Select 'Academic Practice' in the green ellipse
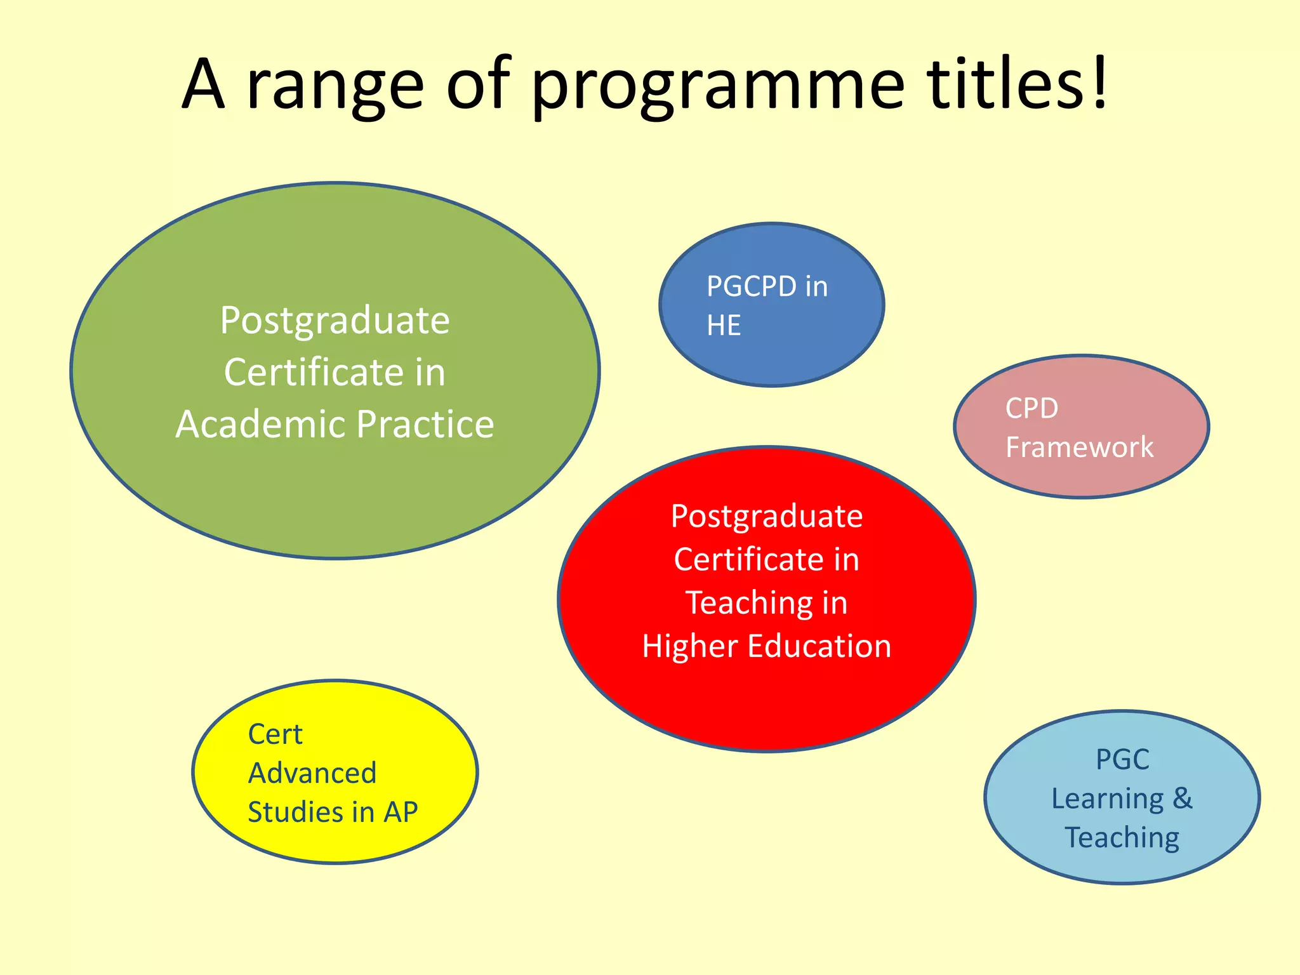pyautogui.click(x=335, y=424)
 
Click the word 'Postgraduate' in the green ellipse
pyautogui.click(x=335, y=321)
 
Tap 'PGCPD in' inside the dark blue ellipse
pyautogui.click(x=767, y=287)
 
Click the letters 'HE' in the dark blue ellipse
pyautogui.click(x=724, y=326)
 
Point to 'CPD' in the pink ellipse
pyautogui.click(x=1031, y=408)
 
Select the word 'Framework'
pyautogui.click(x=1079, y=448)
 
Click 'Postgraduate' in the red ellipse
pyautogui.click(x=767, y=516)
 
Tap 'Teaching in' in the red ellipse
pyautogui.click(x=767, y=602)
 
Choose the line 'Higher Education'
pyautogui.click(x=767, y=646)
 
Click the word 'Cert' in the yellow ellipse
pyautogui.click(x=275, y=734)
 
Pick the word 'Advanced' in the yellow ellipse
pyautogui.click(x=312, y=773)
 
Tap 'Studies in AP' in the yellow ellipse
pyautogui.click(x=333, y=812)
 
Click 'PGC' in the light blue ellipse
pyautogui.click(x=1122, y=760)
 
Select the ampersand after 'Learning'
pyautogui.click(x=1182, y=799)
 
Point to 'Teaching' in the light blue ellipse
pyautogui.click(x=1122, y=838)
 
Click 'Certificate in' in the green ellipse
pyautogui.click(x=335, y=373)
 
